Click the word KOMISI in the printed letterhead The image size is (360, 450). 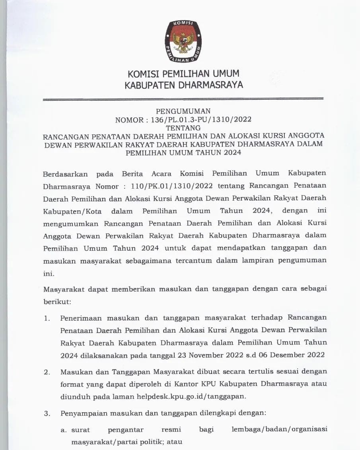coord(143,74)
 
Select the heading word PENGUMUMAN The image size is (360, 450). coord(183,111)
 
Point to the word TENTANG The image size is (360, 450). coord(183,127)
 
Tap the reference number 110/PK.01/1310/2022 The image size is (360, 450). coord(158,186)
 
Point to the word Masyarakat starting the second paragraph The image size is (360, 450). coord(64,288)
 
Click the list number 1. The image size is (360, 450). coord(47,318)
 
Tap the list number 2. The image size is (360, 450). coord(47,372)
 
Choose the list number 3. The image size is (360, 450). coord(47,413)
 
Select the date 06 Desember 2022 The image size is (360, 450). coord(291,355)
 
